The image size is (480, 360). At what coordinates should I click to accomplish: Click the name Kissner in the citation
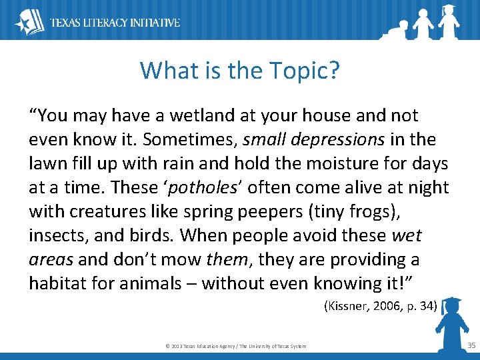[x=347, y=307]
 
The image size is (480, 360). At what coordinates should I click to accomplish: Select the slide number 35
[x=471, y=345]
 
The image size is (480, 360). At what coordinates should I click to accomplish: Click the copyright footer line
[x=235, y=346]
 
